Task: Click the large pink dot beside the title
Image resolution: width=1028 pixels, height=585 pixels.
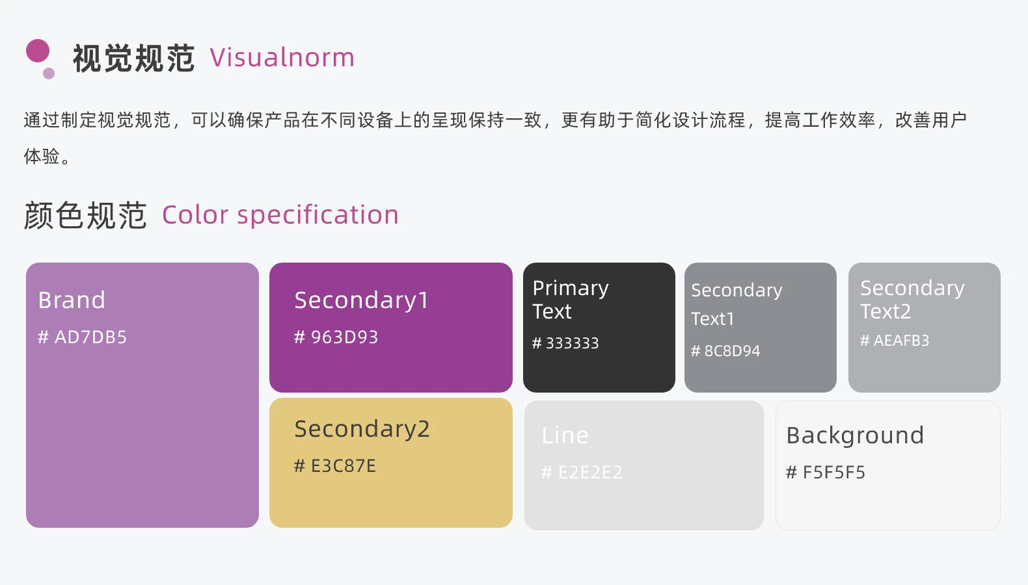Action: pos(38,51)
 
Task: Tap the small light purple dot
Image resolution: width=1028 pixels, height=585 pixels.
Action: pos(49,73)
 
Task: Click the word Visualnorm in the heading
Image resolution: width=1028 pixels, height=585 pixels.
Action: pos(282,58)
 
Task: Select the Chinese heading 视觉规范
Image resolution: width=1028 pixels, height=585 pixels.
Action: pos(133,58)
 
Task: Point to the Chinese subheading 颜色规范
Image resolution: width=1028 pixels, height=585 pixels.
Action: pos(85,215)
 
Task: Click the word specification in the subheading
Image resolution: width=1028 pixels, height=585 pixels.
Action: pos(318,216)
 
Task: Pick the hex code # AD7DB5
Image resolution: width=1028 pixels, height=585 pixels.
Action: pos(82,337)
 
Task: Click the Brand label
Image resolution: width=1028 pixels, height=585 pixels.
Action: pos(72,300)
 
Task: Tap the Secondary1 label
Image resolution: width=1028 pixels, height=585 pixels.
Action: pos(361,301)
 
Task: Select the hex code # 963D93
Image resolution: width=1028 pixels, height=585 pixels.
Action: pos(336,337)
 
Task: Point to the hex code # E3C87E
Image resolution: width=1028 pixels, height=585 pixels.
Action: pos(335,466)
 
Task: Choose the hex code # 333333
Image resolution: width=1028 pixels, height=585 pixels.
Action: pos(565,343)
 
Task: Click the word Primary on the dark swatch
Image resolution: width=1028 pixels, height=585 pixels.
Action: pos(571,289)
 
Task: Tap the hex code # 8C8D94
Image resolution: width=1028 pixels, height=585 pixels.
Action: pos(725,351)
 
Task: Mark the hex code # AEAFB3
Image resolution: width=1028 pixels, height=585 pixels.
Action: pos(895,340)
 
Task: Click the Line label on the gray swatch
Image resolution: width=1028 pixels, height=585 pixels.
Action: pos(565,435)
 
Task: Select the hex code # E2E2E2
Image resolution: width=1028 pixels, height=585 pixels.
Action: pos(582,472)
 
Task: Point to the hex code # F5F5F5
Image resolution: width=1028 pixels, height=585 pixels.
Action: pos(826,472)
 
